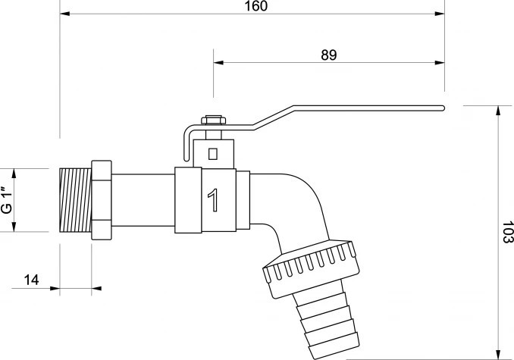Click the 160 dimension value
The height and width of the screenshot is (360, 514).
[x=256, y=6]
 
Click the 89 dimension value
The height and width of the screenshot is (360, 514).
[x=329, y=55]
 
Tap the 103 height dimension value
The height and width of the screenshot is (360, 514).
[x=507, y=232]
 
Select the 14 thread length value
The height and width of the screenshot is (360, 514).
[x=32, y=280]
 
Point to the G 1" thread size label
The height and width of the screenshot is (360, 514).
[x=8, y=201]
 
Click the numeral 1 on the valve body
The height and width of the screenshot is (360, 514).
[x=213, y=200]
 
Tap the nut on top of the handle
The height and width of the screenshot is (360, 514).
[x=213, y=120]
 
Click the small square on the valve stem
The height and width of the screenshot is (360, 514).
[x=213, y=154]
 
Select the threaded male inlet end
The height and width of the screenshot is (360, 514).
[x=76, y=201]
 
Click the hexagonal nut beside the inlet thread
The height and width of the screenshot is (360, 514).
[x=102, y=201]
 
